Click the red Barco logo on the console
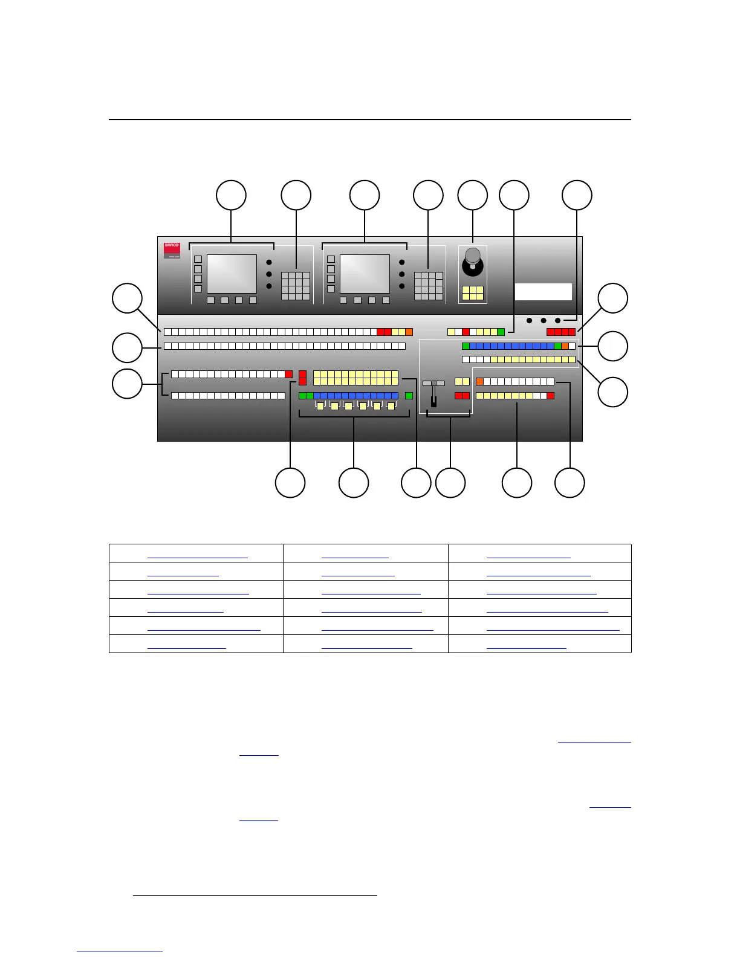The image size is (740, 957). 172,250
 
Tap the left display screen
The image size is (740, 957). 232,274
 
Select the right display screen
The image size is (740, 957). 365,274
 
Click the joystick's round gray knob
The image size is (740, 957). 472,255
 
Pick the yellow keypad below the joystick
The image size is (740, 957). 472,293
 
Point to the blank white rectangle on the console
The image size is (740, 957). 543,292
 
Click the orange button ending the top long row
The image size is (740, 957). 409,332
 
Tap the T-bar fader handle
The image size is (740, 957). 433,383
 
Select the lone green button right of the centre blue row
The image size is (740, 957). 409,396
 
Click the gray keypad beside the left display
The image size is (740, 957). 296,286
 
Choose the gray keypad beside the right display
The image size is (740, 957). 428,286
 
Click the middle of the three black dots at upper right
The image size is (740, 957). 544,320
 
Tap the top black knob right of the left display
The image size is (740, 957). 269,262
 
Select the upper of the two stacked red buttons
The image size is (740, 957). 302,375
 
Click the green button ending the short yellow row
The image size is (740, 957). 501,332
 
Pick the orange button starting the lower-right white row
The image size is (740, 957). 479,381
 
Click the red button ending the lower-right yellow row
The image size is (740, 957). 550,396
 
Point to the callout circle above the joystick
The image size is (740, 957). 472,195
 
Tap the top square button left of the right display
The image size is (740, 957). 331,259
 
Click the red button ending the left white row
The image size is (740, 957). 288,374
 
